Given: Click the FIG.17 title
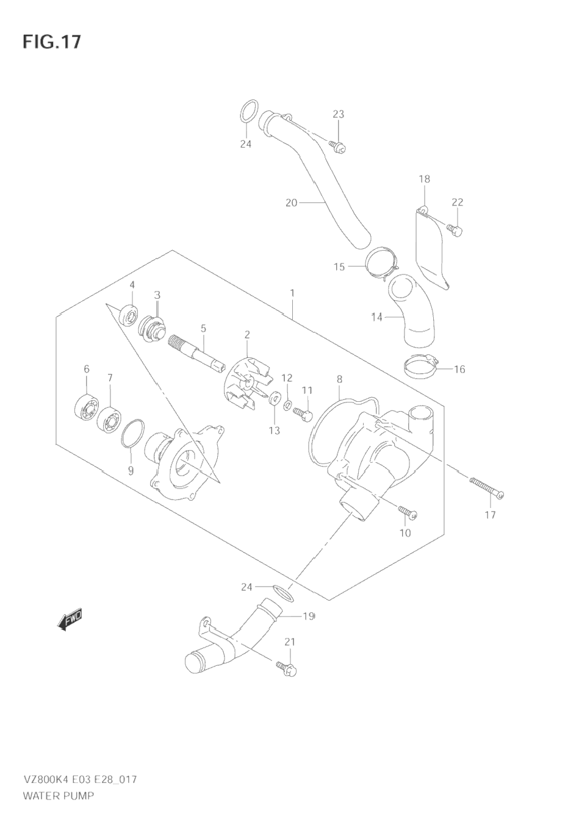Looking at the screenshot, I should [51, 41].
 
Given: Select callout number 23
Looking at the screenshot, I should [338, 114].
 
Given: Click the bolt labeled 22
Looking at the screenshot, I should [455, 229].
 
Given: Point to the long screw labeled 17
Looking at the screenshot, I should [486, 487].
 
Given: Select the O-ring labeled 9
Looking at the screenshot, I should [132, 434].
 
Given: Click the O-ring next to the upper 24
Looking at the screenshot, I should [246, 113].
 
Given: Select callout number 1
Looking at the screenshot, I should [292, 293].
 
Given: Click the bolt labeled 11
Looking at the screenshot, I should [303, 414].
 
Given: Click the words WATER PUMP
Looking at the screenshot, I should [59, 795].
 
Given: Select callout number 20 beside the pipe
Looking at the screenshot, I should [291, 202].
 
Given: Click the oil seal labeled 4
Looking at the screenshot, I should [129, 315].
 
